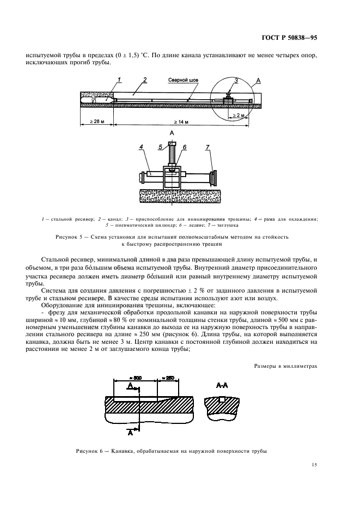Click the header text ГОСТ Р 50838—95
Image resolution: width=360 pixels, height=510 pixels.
[x=289, y=38]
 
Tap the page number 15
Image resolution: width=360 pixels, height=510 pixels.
[x=314, y=465]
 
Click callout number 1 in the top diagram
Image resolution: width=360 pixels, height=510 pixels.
[x=119, y=80]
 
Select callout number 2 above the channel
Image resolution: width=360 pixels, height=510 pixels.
[x=145, y=80]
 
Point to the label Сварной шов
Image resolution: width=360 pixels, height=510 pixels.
[x=183, y=80]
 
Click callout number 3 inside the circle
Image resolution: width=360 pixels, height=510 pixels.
[x=236, y=80]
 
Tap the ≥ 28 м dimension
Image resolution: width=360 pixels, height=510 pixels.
[x=97, y=122]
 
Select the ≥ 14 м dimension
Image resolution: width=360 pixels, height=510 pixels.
[x=181, y=122]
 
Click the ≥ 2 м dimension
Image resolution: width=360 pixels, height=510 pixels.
[x=239, y=115]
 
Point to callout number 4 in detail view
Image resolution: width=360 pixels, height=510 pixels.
[x=141, y=147]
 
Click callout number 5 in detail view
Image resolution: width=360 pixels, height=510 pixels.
[x=160, y=147]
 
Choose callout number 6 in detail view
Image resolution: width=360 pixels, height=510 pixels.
[x=185, y=147]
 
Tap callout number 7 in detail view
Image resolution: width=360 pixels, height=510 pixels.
[x=208, y=147]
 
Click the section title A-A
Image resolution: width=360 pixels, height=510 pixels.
[x=222, y=385]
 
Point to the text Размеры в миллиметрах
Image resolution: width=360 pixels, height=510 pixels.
[x=285, y=366]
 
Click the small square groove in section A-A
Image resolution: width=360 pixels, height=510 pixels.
[x=222, y=399]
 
